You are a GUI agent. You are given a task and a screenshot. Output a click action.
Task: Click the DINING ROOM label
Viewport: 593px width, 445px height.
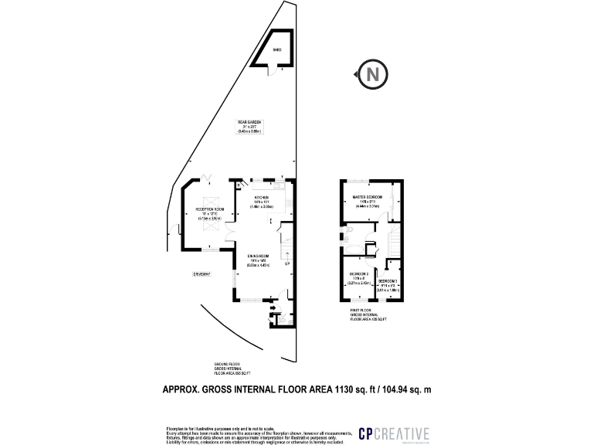point(257,258)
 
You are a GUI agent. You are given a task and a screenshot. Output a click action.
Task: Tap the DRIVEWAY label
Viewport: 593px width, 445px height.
point(202,274)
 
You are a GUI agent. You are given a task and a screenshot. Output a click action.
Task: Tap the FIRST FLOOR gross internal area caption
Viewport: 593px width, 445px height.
point(368,317)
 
